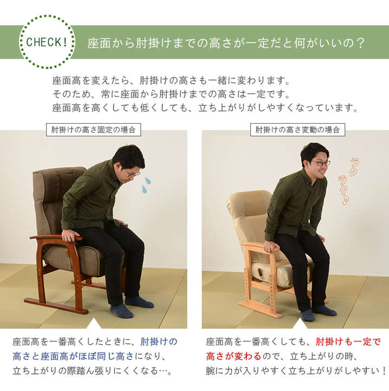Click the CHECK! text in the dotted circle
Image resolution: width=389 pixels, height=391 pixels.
[47, 42]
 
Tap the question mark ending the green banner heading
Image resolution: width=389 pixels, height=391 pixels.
[360, 43]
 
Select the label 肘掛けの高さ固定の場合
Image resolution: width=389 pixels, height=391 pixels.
[93, 130]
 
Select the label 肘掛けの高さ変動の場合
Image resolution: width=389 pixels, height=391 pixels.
[297, 130]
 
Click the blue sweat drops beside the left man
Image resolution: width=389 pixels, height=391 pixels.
[146, 185]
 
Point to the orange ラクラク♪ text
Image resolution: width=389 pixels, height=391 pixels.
[348, 181]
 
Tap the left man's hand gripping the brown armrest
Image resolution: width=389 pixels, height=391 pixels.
[70, 235]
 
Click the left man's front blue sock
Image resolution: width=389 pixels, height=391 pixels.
[121, 311]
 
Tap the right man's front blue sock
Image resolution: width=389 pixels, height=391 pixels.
[308, 315]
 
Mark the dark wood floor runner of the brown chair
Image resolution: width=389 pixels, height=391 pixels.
[56, 306]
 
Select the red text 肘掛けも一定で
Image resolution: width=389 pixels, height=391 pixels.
[348, 342]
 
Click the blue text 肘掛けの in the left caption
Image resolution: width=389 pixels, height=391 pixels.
[159, 342]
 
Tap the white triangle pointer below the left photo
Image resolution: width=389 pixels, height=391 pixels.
[94, 323]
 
